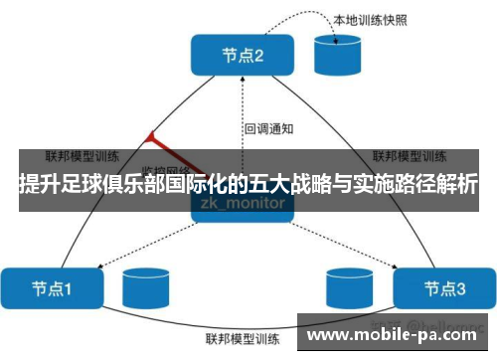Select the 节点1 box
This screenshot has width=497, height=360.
click(x=53, y=287)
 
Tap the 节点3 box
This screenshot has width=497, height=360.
click(x=443, y=287)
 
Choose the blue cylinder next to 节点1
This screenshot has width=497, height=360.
click(x=142, y=288)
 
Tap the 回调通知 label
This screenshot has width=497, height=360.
click(x=268, y=128)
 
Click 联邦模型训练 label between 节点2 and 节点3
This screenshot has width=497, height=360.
click(x=408, y=156)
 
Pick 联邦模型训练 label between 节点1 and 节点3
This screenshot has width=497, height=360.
click(x=243, y=338)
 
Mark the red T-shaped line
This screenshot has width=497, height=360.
click(x=164, y=149)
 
